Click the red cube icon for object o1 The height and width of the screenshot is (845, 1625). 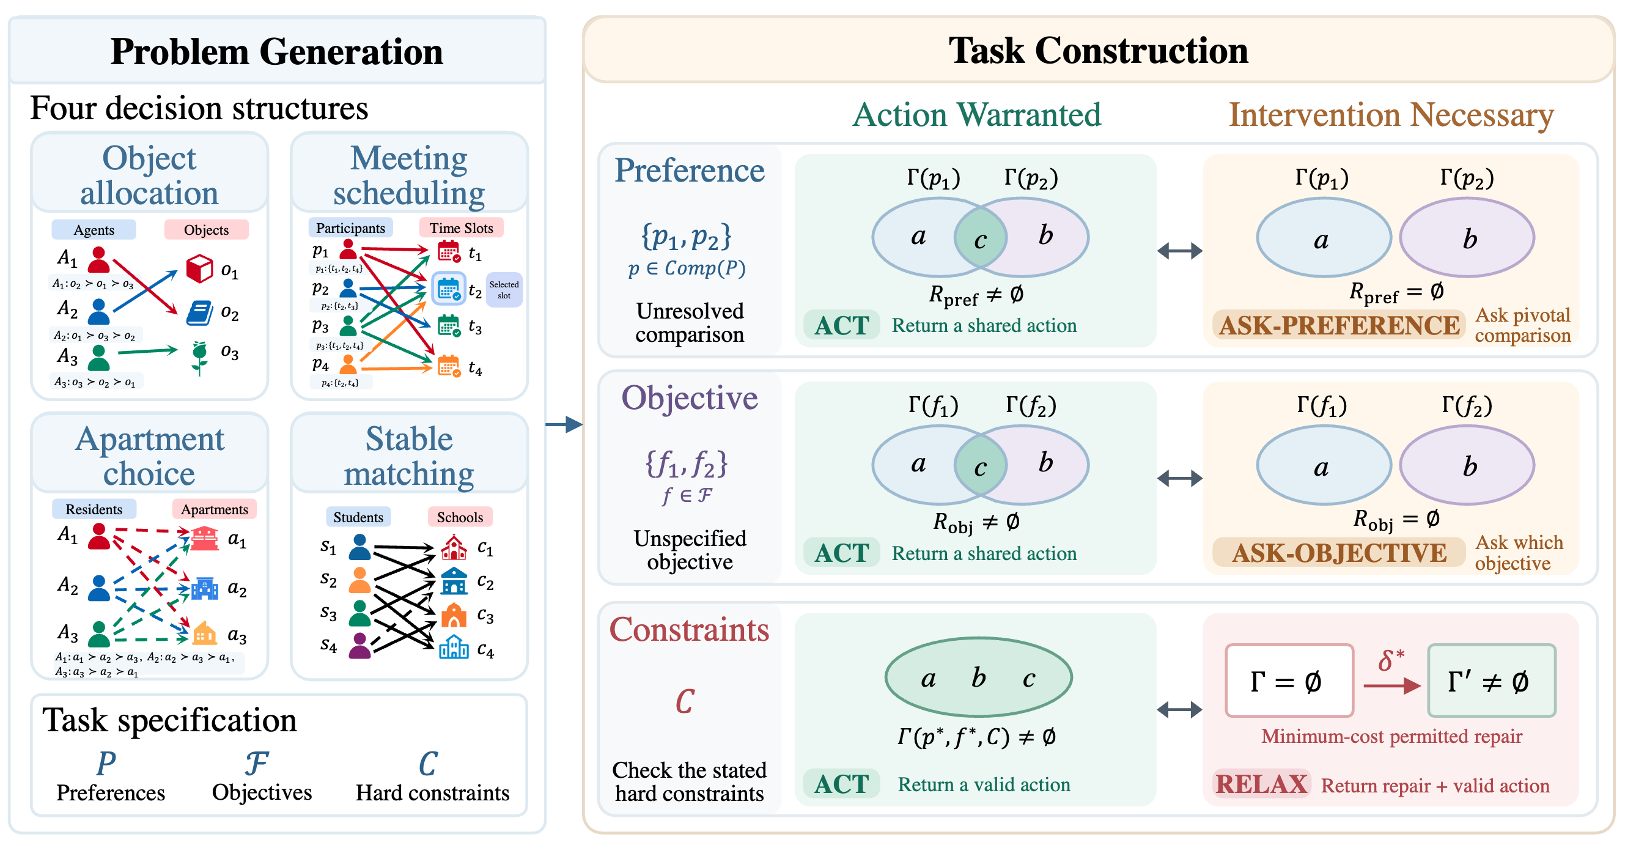(199, 268)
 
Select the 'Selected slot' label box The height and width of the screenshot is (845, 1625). (504, 290)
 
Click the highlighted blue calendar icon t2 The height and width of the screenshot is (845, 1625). (449, 289)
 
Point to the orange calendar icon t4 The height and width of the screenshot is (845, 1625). (449, 366)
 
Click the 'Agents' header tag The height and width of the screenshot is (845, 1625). (94, 230)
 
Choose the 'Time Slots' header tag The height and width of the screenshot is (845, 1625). (461, 228)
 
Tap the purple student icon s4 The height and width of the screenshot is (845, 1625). (359, 646)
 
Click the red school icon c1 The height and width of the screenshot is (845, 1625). (454, 548)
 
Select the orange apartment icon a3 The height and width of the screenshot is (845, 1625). (204, 633)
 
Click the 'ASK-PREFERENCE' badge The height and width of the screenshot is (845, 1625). (1339, 326)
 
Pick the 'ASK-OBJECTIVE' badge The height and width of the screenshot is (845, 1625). (1339, 553)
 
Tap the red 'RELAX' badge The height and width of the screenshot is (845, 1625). (1261, 784)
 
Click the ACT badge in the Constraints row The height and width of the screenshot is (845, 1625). (841, 784)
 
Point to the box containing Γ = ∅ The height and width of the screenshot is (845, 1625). (1289, 681)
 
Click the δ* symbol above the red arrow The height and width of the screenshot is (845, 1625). (1391, 660)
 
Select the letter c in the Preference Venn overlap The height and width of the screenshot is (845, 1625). (980, 240)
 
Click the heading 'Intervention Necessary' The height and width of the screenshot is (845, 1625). (1391, 116)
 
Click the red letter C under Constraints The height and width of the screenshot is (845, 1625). (685, 701)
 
